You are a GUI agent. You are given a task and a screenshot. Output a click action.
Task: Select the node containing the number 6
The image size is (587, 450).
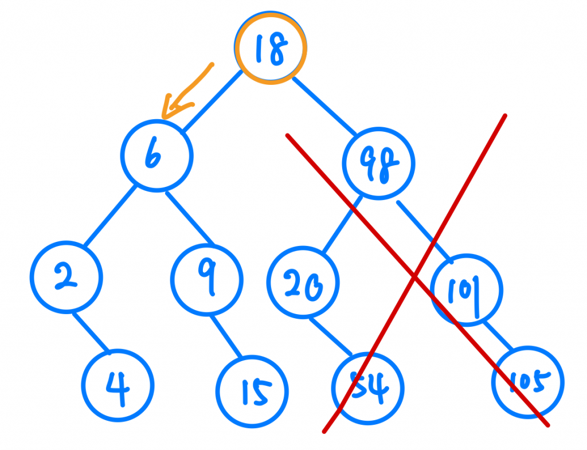coord(156,155)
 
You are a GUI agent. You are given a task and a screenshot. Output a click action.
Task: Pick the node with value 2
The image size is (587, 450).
coord(66,277)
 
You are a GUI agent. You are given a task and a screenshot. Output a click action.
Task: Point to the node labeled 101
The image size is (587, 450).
coord(467,288)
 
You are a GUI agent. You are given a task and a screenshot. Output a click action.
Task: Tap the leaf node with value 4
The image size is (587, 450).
coord(118,385)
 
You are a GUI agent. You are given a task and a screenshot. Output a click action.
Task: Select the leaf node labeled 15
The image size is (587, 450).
coord(253,392)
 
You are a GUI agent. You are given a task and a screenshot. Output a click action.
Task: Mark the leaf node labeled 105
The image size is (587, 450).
coord(528,381)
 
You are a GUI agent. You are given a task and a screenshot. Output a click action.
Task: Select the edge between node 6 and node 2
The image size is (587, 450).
coord(110,217)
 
